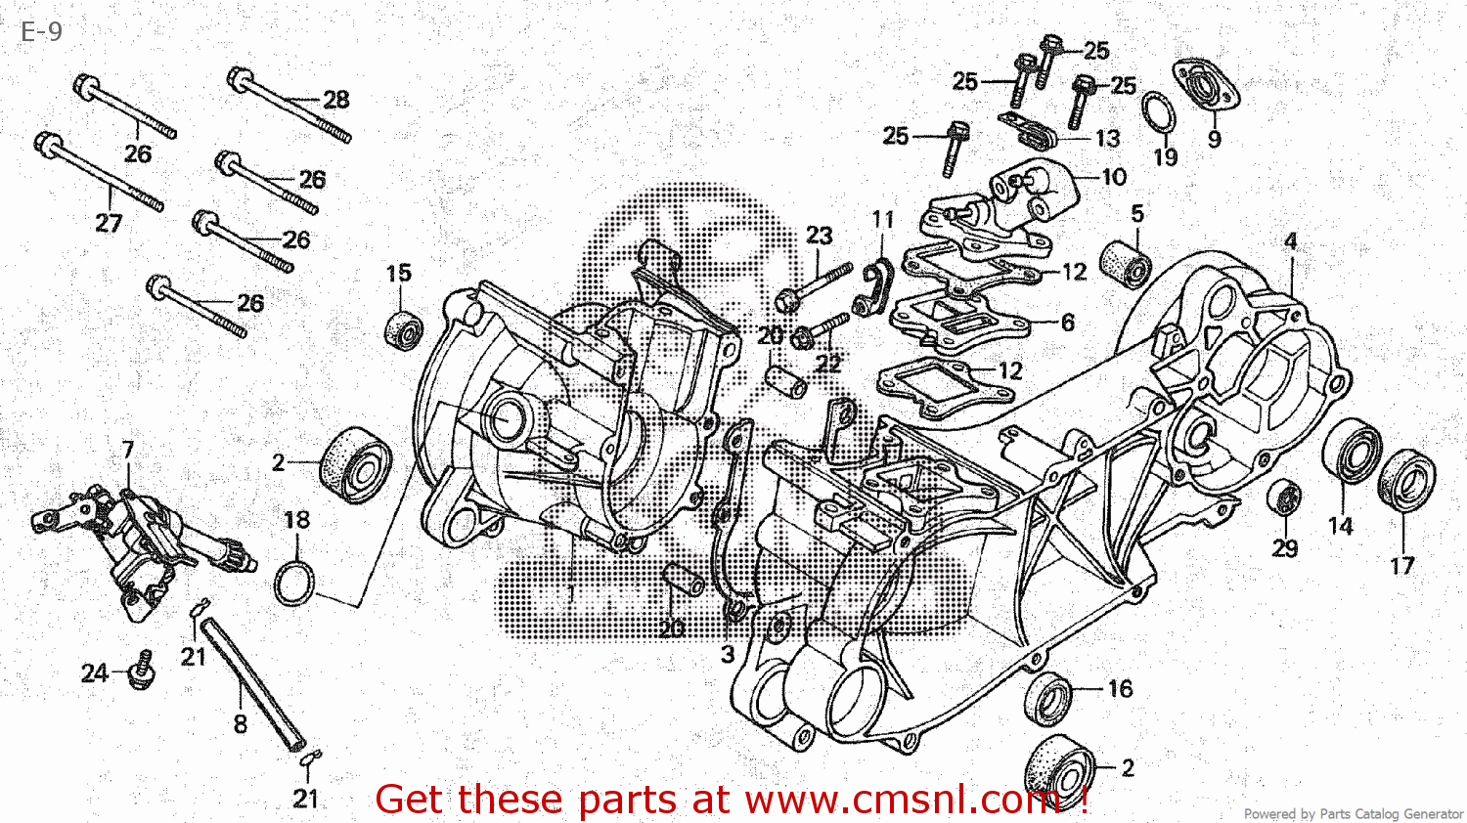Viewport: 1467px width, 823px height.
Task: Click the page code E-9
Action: [x=41, y=31]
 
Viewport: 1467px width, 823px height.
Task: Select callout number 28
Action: [x=335, y=100]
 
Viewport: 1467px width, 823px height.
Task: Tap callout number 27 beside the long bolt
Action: [x=109, y=224]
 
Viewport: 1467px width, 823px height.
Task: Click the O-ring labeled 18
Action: [x=294, y=584]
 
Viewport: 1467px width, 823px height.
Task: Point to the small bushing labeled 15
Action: [x=403, y=330]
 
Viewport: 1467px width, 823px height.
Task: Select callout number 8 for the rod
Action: [x=240, y=724]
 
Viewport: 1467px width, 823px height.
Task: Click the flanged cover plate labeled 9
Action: [x=1206, y=85]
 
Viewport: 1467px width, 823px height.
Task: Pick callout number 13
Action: [x=1107, y=139]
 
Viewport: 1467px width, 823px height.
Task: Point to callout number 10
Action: [x=1114, y=177]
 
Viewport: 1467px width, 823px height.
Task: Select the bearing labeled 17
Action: [x=1406, y=480]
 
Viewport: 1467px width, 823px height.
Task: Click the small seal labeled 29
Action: [x=1284, y=498]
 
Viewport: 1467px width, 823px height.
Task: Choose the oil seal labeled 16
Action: [x=1048, y=699]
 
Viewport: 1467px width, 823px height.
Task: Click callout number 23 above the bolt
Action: [x=819, y=236]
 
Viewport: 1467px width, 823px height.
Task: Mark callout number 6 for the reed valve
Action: [x=1067, y=323]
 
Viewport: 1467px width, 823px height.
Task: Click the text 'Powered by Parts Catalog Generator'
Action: [x=1353, y=813]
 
